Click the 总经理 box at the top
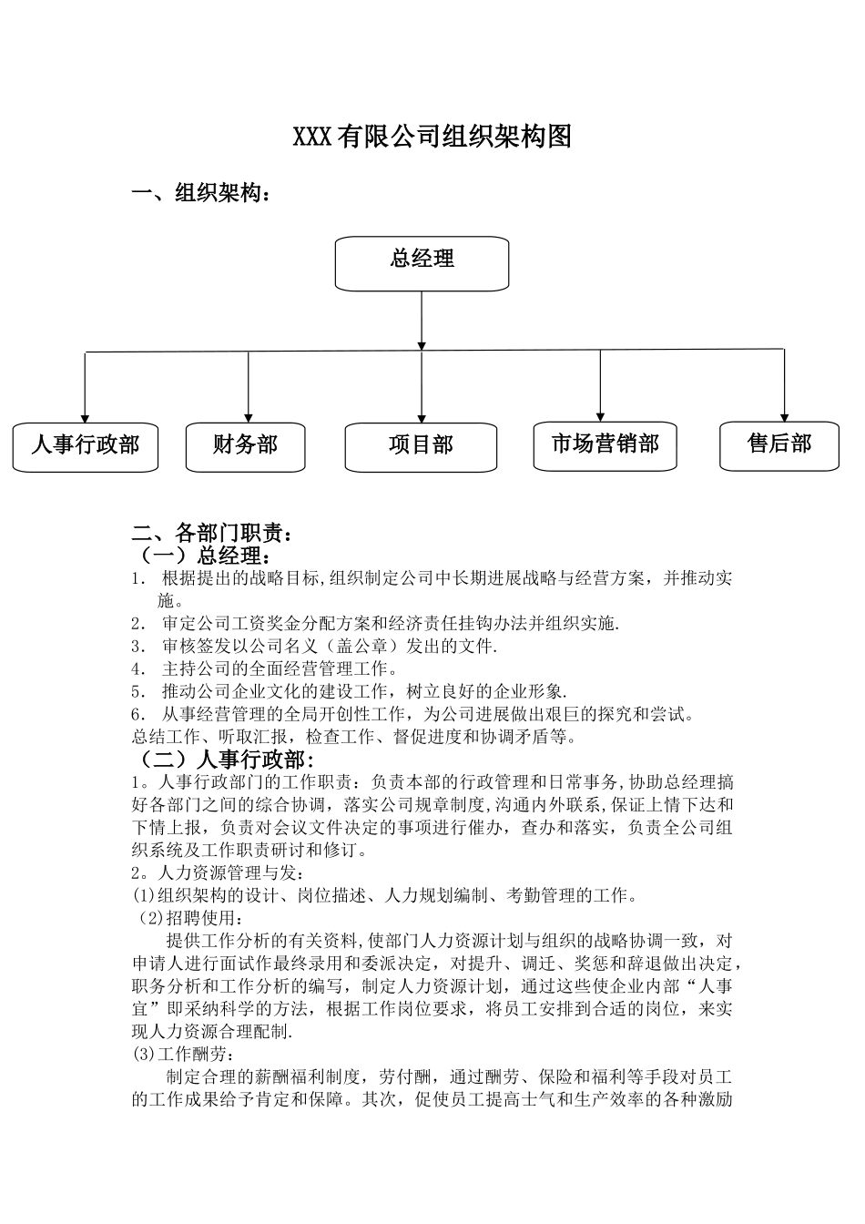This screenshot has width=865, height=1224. pos(422,263)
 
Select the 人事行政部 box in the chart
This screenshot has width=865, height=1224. pos(86,446)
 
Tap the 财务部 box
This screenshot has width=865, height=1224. pos(245,446)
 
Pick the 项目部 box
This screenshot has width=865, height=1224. pos(421,447)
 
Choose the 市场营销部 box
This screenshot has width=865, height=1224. pos(605,445)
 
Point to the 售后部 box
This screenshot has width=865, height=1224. pos(778,445)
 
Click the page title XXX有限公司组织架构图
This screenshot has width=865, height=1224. pos(432,138)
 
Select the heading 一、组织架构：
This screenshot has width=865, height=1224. pos(201,194)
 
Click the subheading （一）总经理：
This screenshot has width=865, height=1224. pos(202,556)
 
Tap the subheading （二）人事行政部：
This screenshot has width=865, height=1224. pos(224,760)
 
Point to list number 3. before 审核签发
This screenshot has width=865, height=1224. pos(138,647)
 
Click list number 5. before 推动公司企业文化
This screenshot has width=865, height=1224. pos(138,691)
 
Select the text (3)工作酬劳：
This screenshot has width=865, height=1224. pos(183,1056)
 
